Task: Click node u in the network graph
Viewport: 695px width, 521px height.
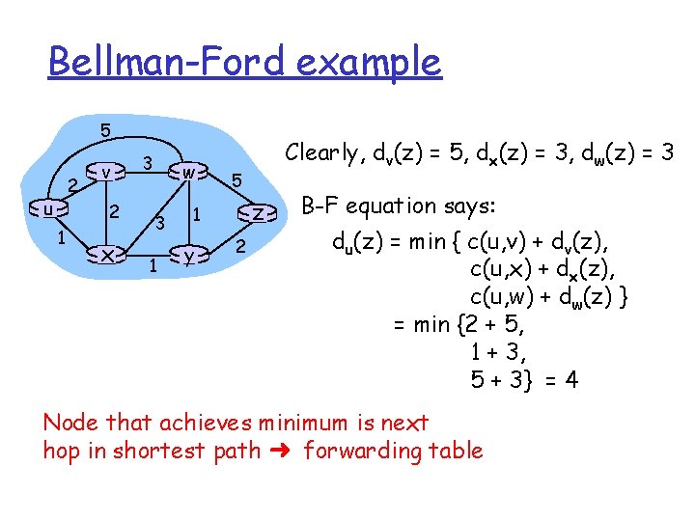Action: (x=47, y=208)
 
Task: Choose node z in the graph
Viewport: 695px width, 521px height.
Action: (x=257, y=212)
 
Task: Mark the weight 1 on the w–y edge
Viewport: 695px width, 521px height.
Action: (x=196, y=213)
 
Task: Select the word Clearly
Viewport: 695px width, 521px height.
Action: (x=321, y=151)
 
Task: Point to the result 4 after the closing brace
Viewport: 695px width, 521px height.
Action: (x=572, y=380)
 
